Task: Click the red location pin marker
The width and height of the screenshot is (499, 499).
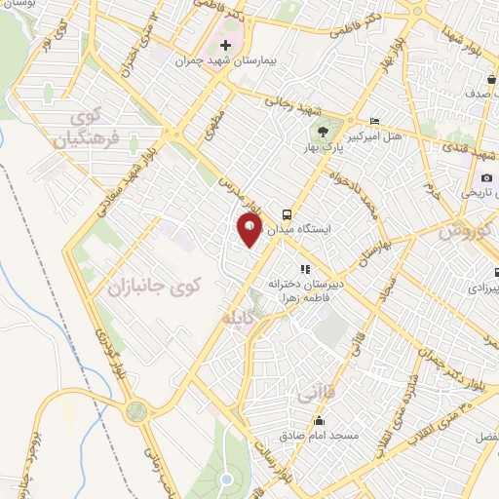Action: coord(250,230)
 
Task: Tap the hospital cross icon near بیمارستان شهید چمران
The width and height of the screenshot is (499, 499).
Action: coord(225,45)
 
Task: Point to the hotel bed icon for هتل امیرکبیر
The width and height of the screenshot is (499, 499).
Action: coord(375,122)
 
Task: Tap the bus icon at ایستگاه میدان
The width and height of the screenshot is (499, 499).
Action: coord(287,212)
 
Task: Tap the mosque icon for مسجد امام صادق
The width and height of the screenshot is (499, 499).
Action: coord(319,422)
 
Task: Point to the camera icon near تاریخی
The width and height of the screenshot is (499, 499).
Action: coord(486,177)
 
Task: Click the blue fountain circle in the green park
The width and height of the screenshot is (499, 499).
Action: coord(227,479)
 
